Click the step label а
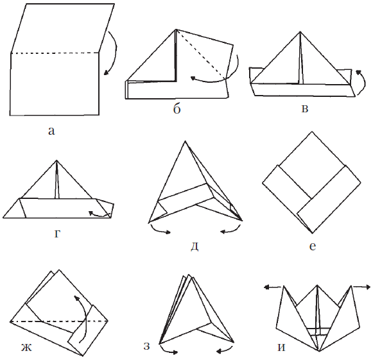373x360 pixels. click(x=51, y=132)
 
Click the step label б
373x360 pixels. click(x=177, y=109)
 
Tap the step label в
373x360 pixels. click(x=305, y=108)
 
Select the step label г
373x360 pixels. click(x=57, y=234)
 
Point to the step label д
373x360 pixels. click(x=195, y=246)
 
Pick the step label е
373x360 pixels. click(x=313, y=246)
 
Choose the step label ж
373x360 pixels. click(x=26, y=348)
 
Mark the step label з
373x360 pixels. click(x=147, y=347)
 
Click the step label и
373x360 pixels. click(x=281, y=348)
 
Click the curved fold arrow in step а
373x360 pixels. click(x=115, y=51)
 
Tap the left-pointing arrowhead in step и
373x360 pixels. click(x=267, y=287)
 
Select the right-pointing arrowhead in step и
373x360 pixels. click(x=367, y=287)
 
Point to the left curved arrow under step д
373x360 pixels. click(x=160, y=230)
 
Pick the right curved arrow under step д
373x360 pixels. click(x=231, y=230)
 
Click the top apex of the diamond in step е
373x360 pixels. click(x=312, y=132)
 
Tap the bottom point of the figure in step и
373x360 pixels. click(x=319, y=351)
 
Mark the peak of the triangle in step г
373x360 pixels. click(x=56, y=160)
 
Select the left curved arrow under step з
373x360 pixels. click(x=168, y=350)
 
